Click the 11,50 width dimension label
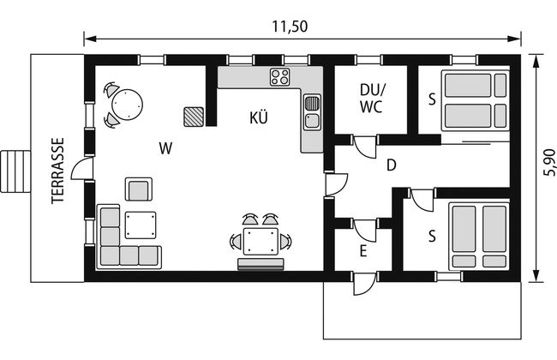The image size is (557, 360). point(290,27)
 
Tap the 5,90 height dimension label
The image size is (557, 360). point(548,162)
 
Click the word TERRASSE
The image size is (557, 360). point(58,171)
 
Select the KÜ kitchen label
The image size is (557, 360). point(259,117)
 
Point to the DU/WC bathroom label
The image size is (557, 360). point(372,98)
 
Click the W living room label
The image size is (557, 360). point(165,148)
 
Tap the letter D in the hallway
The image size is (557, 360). point(391,165)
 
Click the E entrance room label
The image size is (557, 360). point(363,251)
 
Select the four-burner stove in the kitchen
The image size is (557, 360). point(279,77)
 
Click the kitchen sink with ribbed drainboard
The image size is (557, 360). point(312,112)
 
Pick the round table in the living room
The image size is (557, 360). point(127,105)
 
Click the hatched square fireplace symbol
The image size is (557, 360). point(194,117)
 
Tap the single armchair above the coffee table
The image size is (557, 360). point(139,189)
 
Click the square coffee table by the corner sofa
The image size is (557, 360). point(141,225)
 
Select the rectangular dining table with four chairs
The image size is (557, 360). point(261,242)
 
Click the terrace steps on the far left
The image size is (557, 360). point(15,171)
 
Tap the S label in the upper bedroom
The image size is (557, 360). point(432,99)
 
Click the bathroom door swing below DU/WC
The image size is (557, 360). point(365,146)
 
